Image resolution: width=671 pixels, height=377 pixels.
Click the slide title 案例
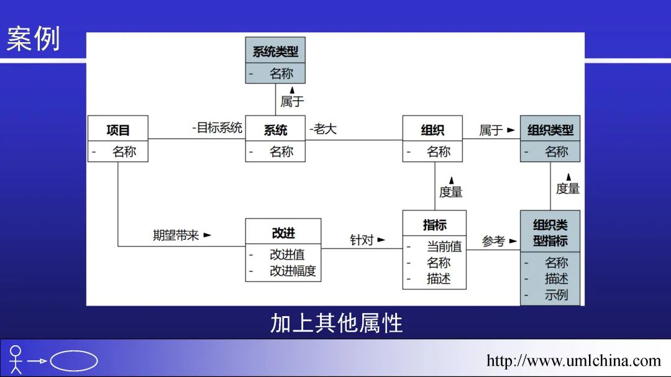(34, 39)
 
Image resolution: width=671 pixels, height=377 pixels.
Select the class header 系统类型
(275, 52)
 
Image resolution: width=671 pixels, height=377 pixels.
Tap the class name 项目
(118, 130)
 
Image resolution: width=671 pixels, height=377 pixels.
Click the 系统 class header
(275, 130)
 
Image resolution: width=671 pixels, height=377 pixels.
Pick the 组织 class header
(432, 130)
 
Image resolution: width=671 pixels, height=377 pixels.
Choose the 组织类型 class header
(550, 130)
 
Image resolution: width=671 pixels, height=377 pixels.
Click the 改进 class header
(283, 233)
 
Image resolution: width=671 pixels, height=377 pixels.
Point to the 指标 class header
(434, 225)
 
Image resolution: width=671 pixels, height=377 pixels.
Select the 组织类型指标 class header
(550, 232)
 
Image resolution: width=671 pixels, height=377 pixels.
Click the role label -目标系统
(217, 128)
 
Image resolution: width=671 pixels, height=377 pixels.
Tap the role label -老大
(323, 129)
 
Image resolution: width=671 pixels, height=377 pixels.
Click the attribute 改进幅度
(293, 271)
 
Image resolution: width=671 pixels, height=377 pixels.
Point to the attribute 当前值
(444, 247)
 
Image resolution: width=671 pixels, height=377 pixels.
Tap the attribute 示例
(556, 295)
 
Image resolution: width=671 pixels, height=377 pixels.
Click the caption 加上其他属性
(336, 323)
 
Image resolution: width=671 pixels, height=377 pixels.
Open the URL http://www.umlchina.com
(573, 361)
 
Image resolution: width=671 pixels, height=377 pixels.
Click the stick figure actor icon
(16, 360)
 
